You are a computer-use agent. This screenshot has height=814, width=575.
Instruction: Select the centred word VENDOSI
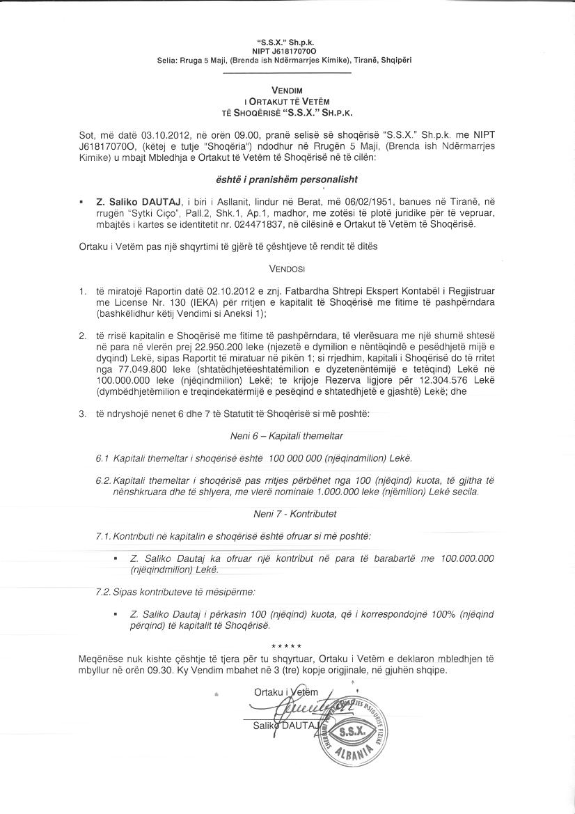point(287,267)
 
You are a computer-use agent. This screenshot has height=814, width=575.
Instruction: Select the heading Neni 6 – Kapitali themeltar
point(286,436)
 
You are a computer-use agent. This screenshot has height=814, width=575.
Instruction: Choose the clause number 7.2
point(102,592)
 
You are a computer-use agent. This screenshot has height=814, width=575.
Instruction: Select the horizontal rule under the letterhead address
point(287,73)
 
